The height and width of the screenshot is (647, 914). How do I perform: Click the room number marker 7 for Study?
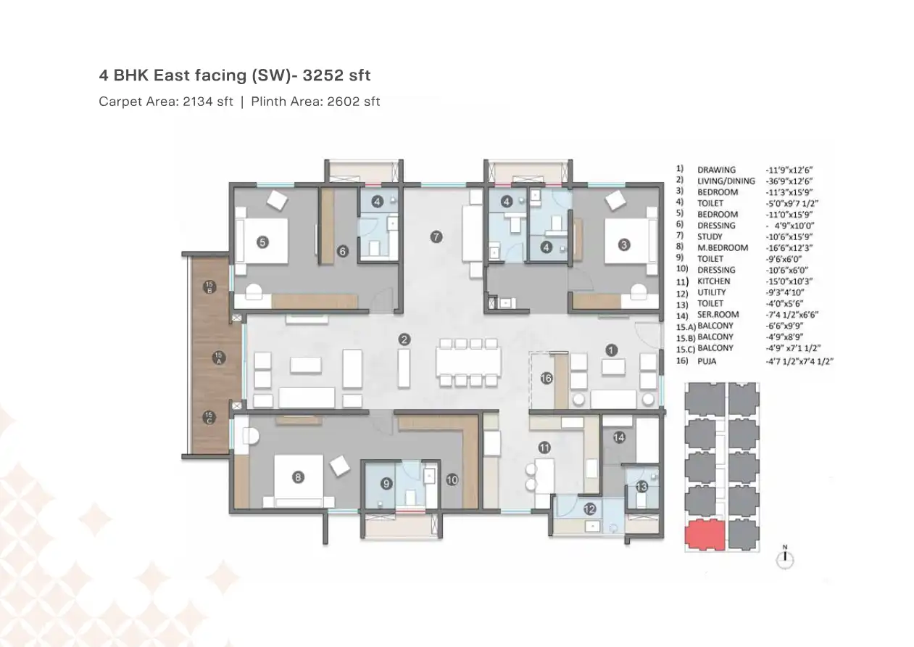(436, 236)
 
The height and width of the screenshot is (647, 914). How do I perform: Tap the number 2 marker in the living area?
(404, 339)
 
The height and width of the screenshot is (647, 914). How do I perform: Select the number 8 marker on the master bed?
(297, 477)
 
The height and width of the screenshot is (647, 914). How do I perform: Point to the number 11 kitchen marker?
(544, 448)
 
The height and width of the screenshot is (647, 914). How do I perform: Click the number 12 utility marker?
(589, 509)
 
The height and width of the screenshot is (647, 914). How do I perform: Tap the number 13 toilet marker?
(641, 487)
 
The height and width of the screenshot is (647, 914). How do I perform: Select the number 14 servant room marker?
(618, 437)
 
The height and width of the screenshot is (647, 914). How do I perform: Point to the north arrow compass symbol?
(785, 558)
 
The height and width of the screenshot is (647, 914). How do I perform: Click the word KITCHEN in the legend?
(714, 281)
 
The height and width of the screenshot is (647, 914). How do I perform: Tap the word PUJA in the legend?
(707, 360)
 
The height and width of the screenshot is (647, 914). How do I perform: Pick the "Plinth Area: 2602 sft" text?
(315, 102)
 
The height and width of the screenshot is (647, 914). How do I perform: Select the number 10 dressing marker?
(452, 479)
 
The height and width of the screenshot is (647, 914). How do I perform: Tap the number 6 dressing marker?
(343, 252)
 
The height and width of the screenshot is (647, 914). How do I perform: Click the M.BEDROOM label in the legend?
(723, 247)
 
